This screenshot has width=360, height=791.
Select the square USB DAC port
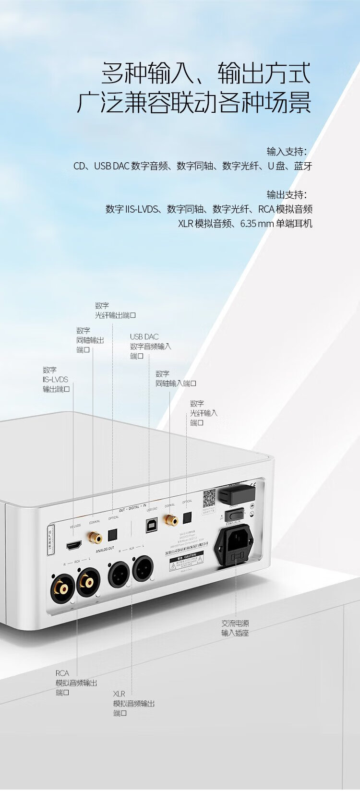tap(152, 525)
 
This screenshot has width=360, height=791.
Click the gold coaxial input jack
tap(169, 519)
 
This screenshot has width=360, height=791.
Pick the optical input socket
tap(186, 517)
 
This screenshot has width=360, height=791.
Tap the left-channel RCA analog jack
tap(88, 581)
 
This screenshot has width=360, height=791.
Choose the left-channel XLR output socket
tap(143, 568)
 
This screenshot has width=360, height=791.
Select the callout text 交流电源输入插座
tap(235, 628)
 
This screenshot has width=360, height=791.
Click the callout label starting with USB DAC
tap(150, 346)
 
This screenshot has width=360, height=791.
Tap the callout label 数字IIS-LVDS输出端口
tap(56, 379)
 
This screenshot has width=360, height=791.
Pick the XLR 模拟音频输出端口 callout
tap(134, 703)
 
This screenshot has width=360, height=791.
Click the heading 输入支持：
tap(286, 152)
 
